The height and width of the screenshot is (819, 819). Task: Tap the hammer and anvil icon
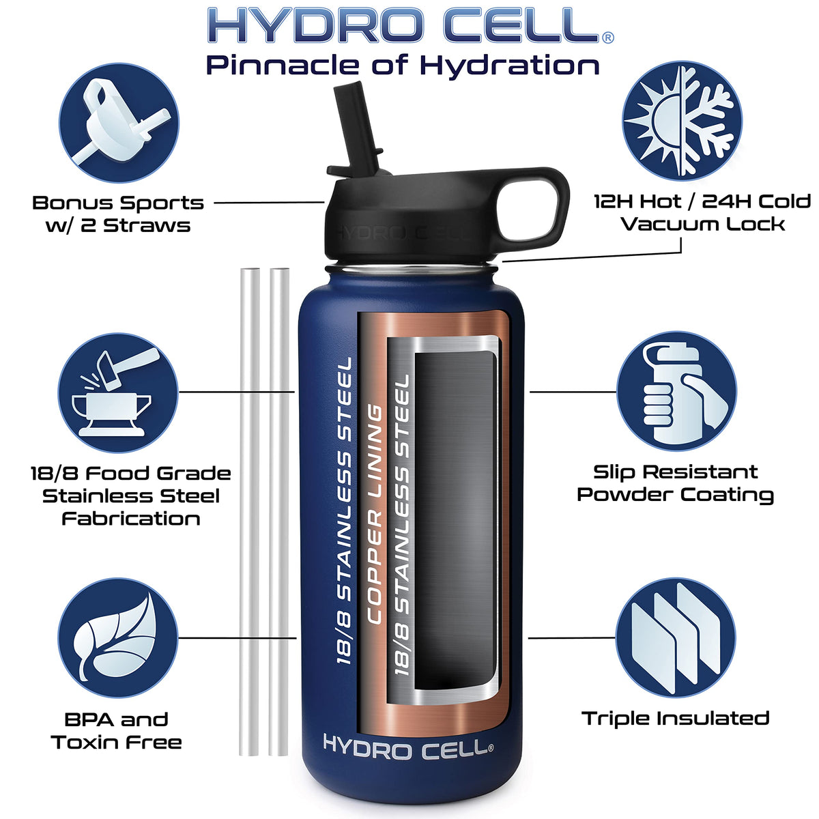pos(118,392)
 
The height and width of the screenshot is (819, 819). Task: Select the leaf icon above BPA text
pos(117,637)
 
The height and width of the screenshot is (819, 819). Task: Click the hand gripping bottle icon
pos(676,390)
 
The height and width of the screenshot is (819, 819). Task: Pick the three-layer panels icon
pos(676,637)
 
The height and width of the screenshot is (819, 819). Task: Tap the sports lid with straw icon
pos(119,123)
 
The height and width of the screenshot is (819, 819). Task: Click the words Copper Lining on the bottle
pos(374,514)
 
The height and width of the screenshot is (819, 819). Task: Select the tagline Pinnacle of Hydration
pos(403,65)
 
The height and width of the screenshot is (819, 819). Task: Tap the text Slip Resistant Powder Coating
pos(675,483)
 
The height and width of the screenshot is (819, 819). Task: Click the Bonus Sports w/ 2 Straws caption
pos(118,214)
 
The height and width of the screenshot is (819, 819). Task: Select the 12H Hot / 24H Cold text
pos(702,201)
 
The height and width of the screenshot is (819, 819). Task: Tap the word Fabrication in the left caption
pos(131,519)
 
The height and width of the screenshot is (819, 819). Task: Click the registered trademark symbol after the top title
pos(608,38)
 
